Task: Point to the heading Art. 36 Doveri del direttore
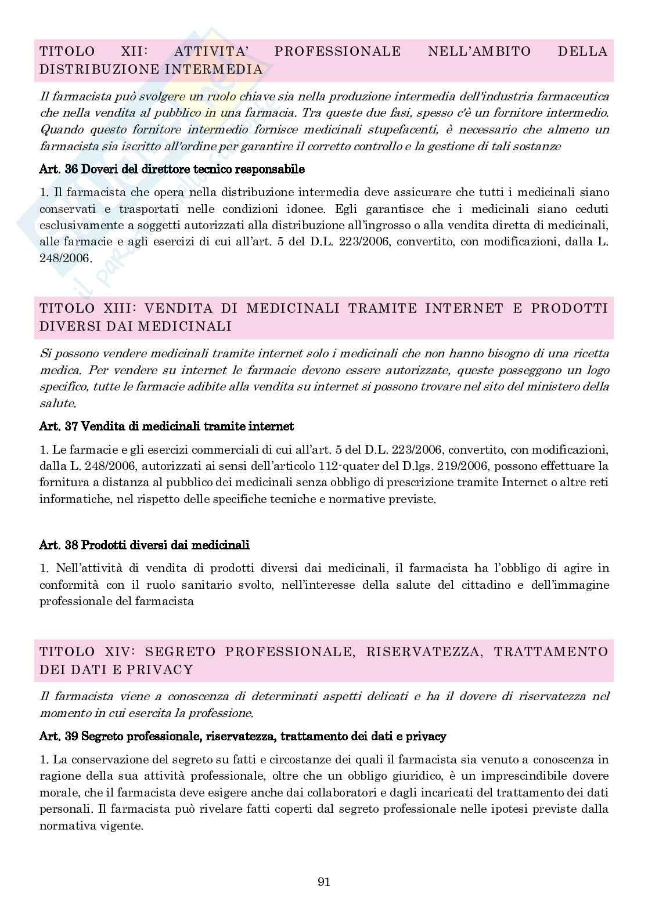point(172,169)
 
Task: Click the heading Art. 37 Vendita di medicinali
point(166,426)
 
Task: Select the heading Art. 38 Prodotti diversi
point(144,545)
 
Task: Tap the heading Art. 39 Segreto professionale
point(243,736)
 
